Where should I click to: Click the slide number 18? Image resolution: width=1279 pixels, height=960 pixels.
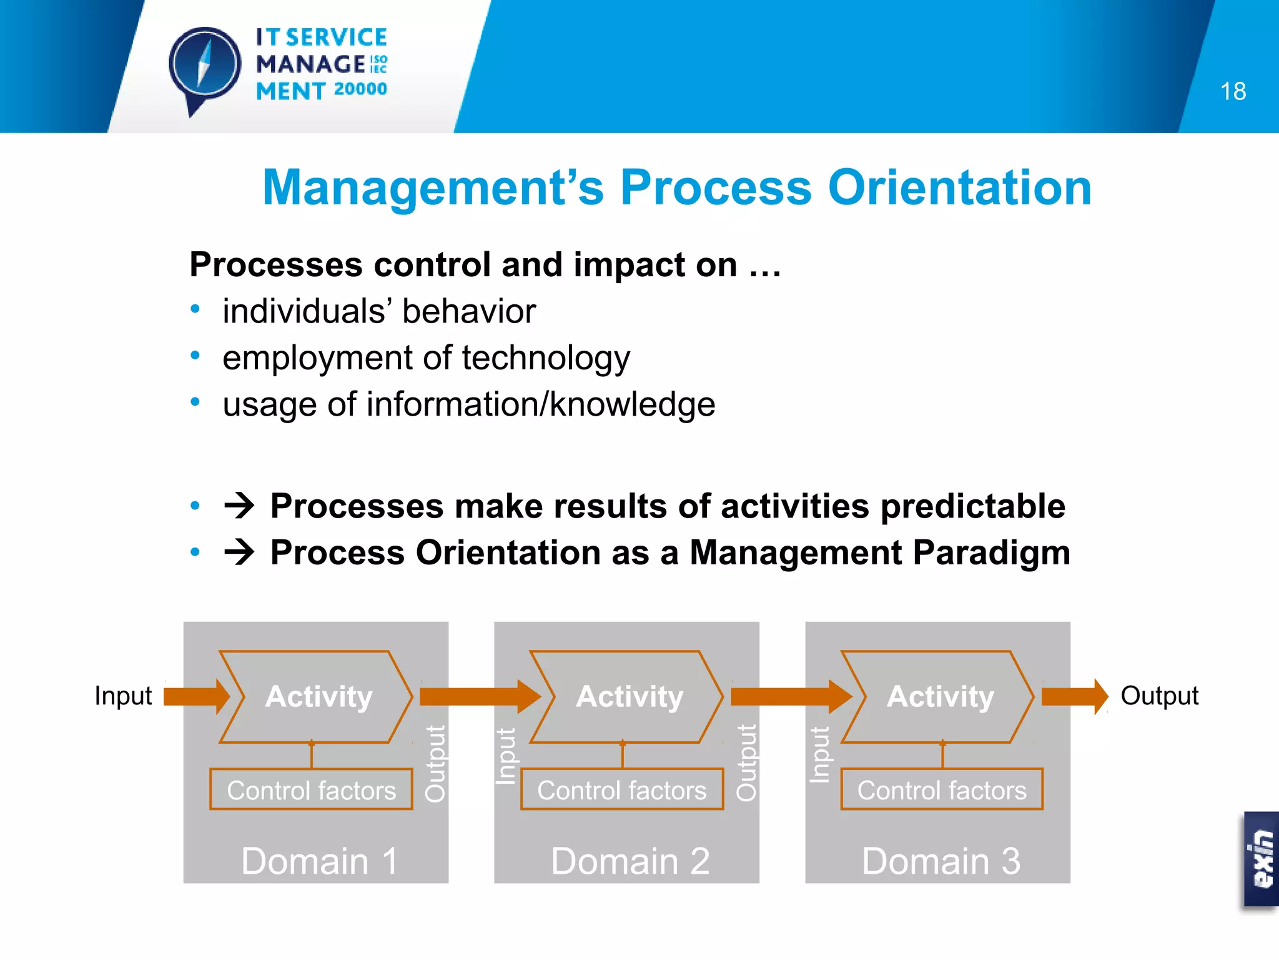[x=1233, y=92]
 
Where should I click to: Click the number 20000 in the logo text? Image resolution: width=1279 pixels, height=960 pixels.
[x=360, y=89]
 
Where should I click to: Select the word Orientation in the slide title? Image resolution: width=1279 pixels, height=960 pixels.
[x=959, y=187]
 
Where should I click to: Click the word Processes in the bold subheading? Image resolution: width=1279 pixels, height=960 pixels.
[x=275, y=265]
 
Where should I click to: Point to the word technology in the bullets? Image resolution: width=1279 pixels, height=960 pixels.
[x=546, y=359]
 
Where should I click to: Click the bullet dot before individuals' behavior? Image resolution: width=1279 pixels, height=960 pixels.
[x=195, y=309]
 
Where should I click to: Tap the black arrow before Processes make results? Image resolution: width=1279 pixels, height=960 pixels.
[x=240, y=505]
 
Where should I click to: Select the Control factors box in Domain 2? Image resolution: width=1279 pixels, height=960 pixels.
[x=622, y=790]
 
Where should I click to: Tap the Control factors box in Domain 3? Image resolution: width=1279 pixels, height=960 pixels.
[x=942, y=790]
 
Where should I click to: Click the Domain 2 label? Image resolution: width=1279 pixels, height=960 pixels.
[x=630, y=861]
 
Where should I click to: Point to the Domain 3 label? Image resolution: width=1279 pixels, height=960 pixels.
[x=941, y=861]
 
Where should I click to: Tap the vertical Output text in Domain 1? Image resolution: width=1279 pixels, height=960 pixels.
[x=435, y=764]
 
